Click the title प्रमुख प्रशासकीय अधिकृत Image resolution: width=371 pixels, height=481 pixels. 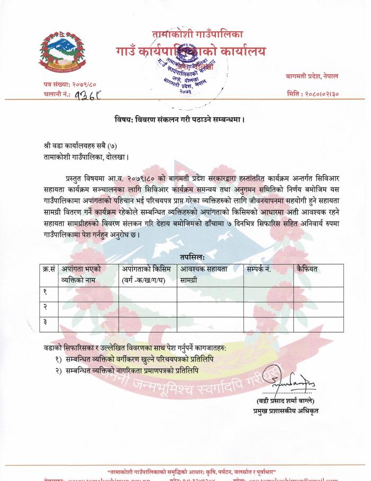click(286, 411)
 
